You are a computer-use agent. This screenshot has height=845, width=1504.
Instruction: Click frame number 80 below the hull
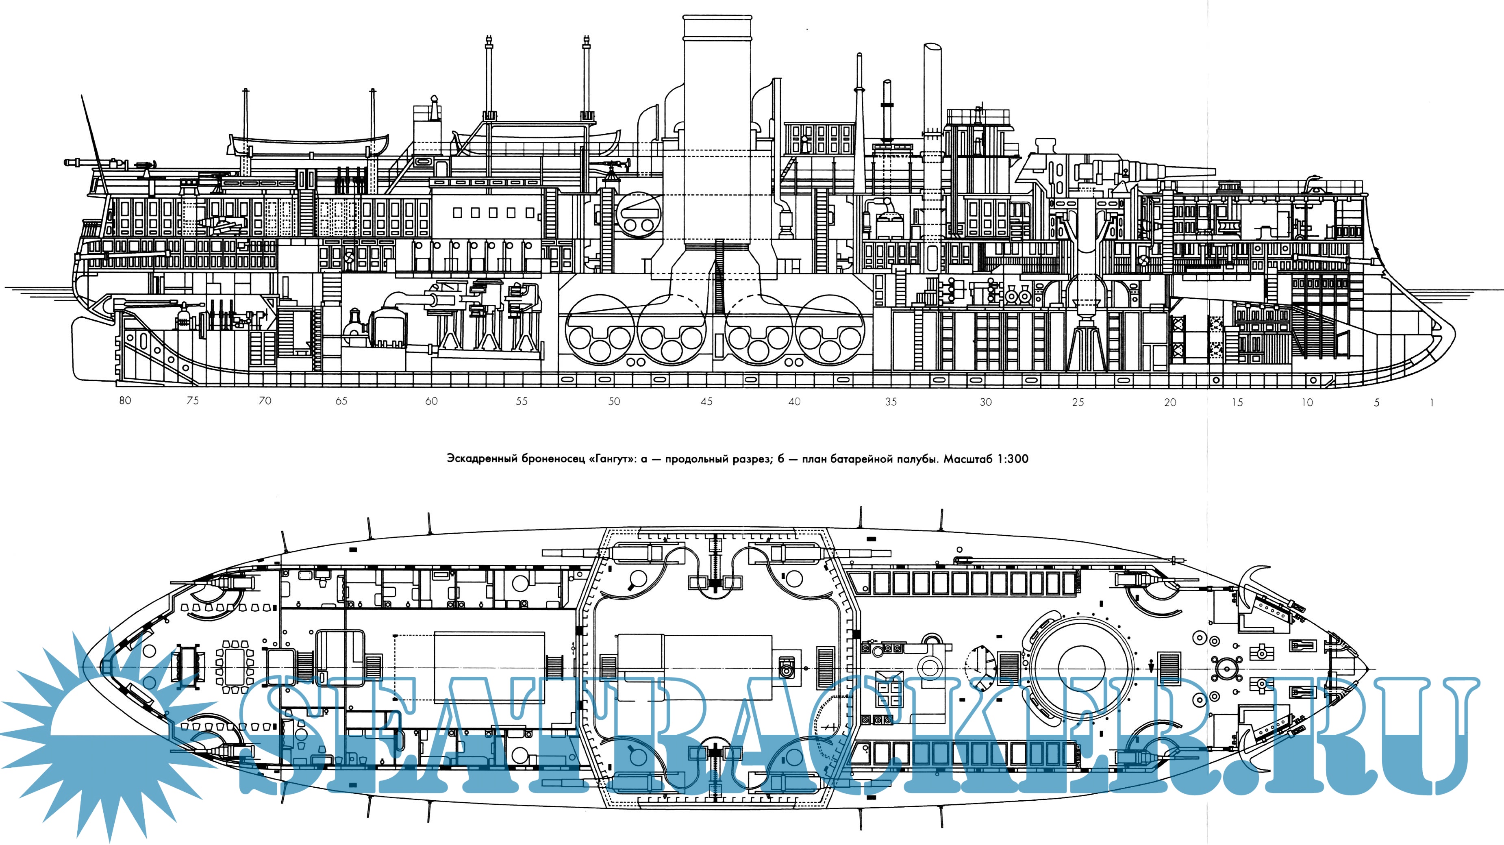125,401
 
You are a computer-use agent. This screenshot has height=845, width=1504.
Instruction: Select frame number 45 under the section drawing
706,402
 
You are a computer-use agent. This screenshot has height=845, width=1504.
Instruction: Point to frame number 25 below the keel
1078,402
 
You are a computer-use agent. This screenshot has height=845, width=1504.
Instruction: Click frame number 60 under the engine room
431,401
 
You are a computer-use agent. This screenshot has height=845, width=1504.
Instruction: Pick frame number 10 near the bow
1307,402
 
